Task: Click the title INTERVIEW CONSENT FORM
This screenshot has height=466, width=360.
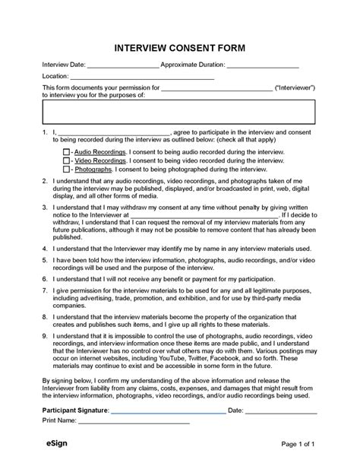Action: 180,47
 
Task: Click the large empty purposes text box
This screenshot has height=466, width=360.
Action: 179,113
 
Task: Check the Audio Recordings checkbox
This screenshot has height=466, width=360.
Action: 66,153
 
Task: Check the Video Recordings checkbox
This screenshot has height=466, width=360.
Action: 66,161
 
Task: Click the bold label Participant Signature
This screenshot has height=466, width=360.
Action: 75,411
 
